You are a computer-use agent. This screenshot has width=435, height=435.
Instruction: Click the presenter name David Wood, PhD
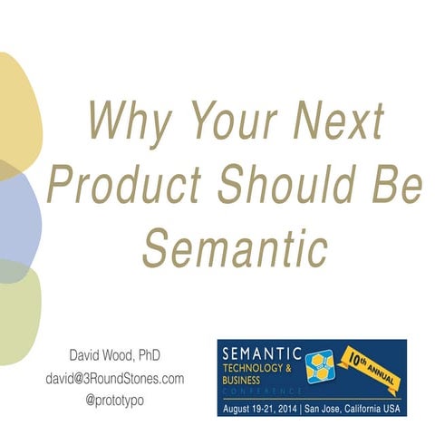pos(115,354)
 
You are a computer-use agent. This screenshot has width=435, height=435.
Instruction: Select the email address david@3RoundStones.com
pos(115,376)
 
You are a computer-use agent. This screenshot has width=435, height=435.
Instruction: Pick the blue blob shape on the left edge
pos(18,217)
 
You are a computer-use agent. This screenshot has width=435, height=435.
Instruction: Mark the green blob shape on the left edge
pos(18,308)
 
